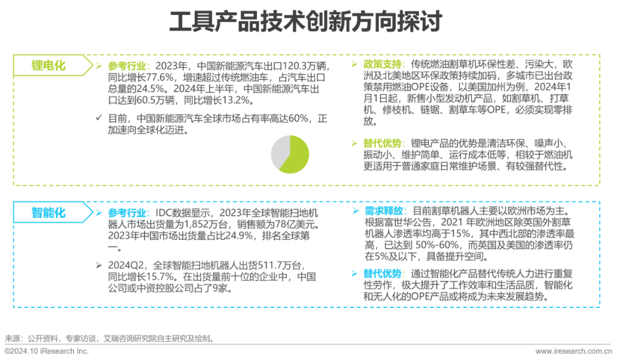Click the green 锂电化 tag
48,66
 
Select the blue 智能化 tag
48,213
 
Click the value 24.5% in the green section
132,89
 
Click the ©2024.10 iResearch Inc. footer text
46,351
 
